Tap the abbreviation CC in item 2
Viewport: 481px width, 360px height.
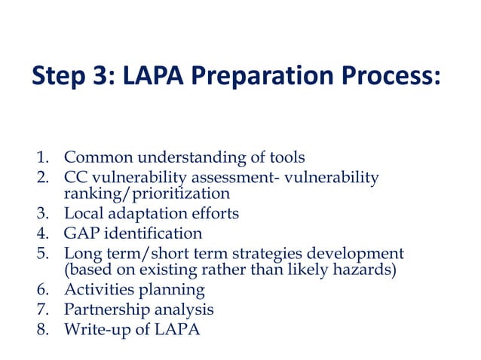point(77,177)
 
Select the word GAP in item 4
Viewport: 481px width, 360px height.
point(81,233)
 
